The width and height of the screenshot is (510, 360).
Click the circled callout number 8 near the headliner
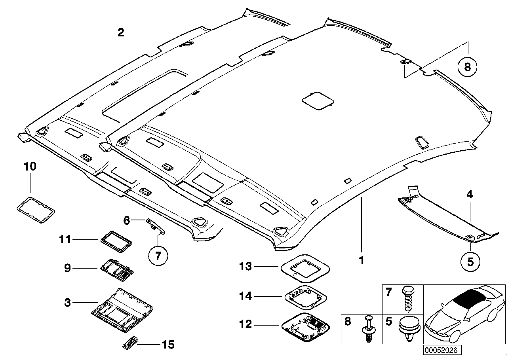point(467,67)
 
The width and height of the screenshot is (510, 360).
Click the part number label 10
point(30,167)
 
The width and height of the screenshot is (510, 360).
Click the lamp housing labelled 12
point(305,325)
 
